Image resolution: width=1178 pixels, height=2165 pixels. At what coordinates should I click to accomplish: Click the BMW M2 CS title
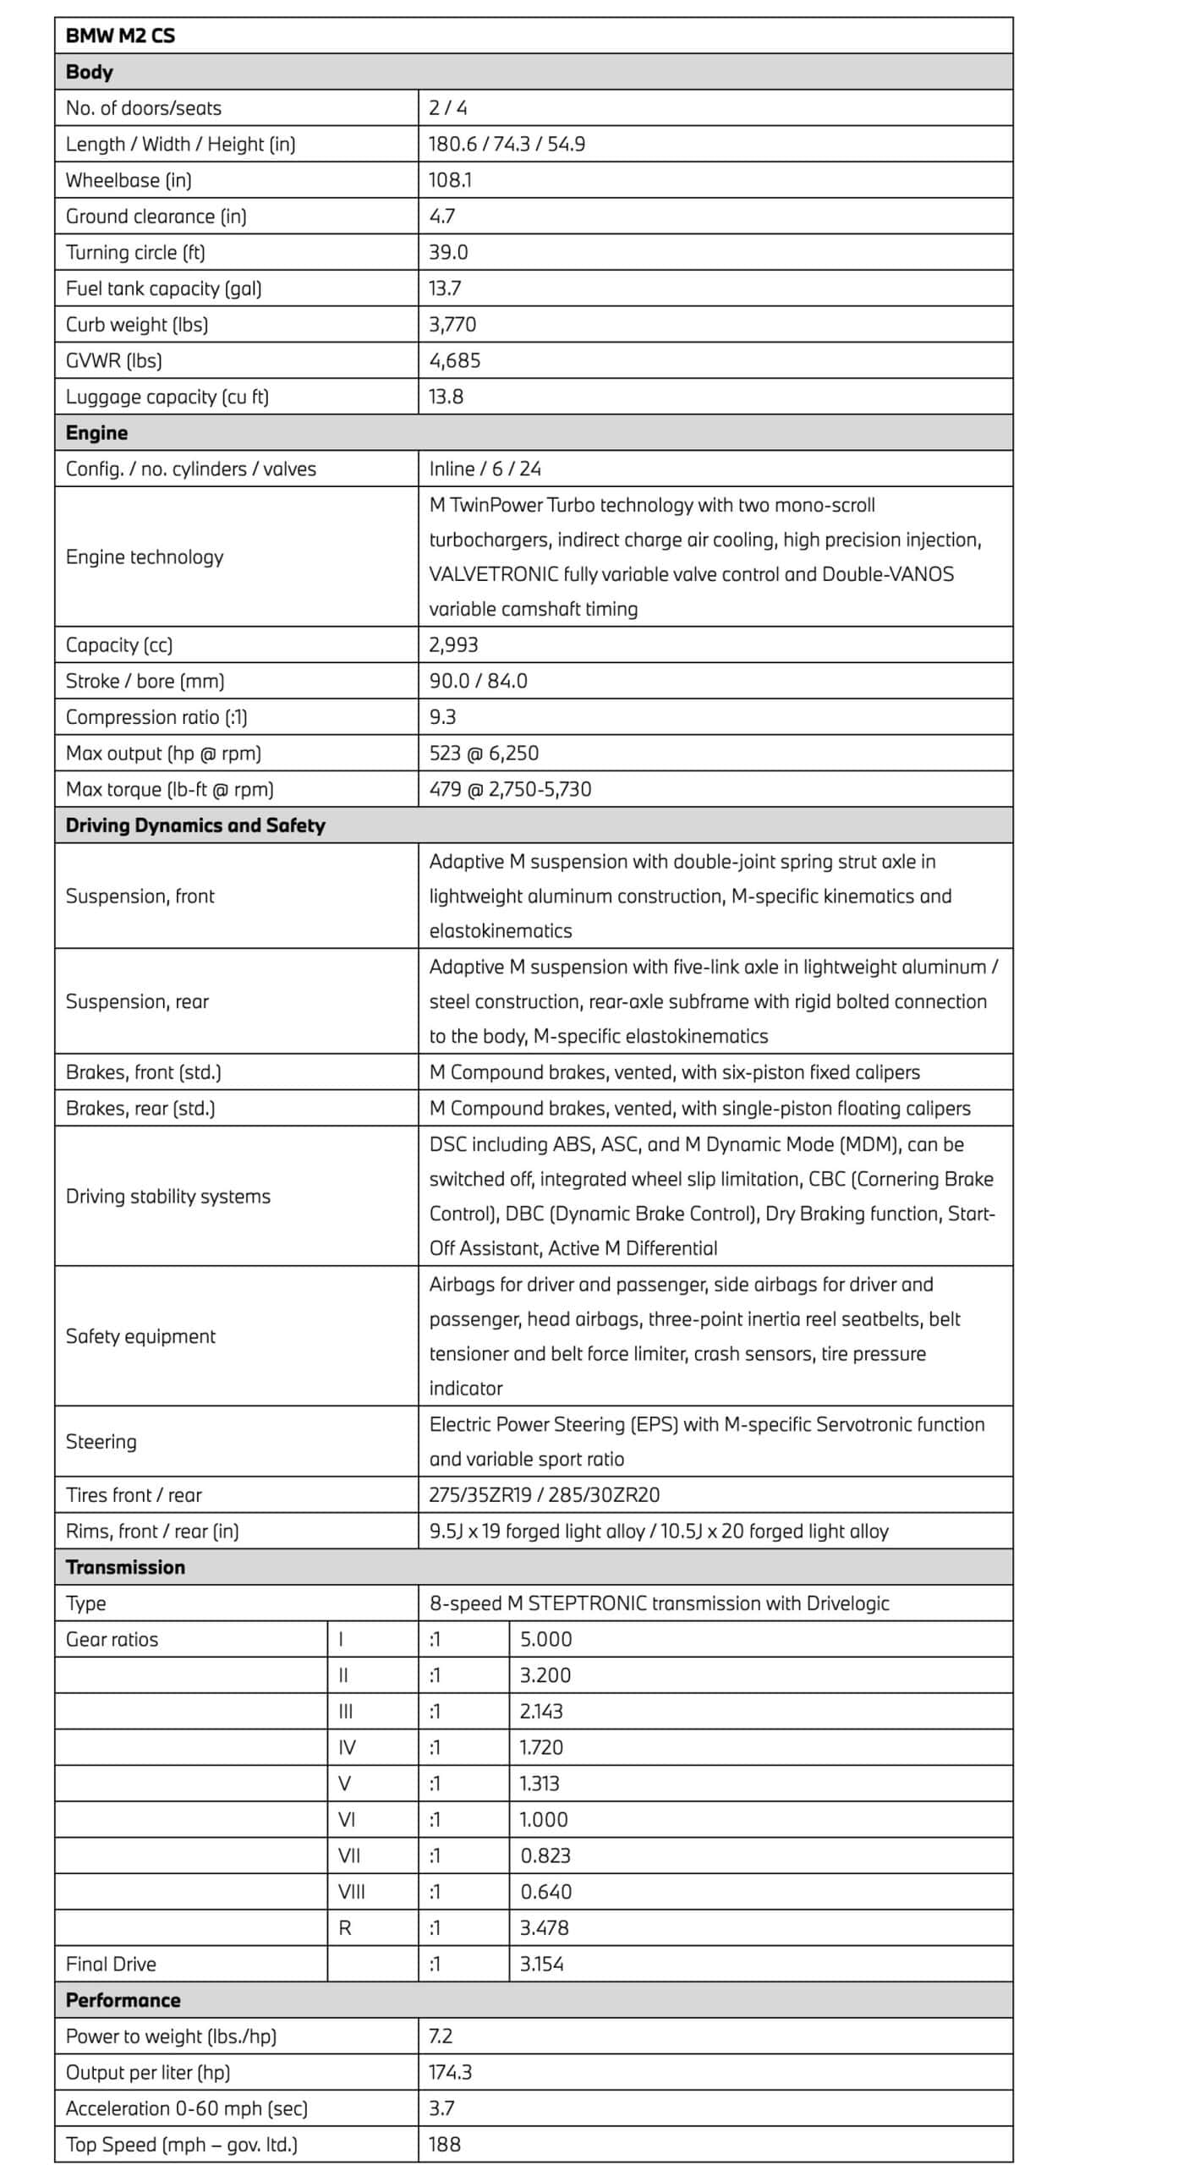pyautogui.click(x=120, y=36)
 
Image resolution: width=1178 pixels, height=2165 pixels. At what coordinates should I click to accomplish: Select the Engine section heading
pyautogui.click(x=96, y=433)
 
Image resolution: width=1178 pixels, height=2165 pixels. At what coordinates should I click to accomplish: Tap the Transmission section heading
pyautogui.click(x=125, y=1567)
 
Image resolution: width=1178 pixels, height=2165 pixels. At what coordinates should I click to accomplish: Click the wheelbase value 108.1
pyautogui.click(x=450, y=180)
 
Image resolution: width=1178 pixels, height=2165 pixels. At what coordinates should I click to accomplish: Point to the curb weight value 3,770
pyautogui.click(x=452, y=325)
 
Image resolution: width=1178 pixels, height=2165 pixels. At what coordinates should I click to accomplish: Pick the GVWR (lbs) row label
pyautogui.click(x=113, y=361)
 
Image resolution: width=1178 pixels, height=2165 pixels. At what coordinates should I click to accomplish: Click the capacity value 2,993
pyautogui.click(x=453, y=645)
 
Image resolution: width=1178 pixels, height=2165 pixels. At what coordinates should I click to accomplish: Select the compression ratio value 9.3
pyautogui.click(x=442, y=717)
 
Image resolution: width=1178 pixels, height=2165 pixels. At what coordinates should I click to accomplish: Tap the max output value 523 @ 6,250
pyautogui.click(x=483, y=754)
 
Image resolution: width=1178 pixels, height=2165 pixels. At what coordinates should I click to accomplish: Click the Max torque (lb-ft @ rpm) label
pyautogui.click(x=169, y=790)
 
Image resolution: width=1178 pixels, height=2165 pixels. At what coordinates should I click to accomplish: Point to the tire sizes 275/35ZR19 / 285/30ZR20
pyautogui.click(x=544, y=1495)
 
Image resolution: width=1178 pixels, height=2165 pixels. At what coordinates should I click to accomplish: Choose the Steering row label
pyautogui.click(x=101, y=1442)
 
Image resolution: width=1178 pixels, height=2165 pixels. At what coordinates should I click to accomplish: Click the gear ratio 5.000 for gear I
pyautogui.click(x=545, y=1640)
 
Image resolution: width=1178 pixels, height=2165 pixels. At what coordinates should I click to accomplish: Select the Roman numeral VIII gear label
pyautogui.click(x=352, y=1892)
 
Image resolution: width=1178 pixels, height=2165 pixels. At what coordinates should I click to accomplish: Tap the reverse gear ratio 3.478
pyautogui.click(x=544, y=1928)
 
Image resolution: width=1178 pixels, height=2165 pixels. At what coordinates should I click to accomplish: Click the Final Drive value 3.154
pyautogui.click(x=541, y=1965)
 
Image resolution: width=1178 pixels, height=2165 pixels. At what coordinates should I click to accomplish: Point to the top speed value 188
pyautogui.click(x=445, y=2145)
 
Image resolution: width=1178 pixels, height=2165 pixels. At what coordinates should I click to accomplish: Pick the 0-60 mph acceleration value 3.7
pyautogui.click(x=441, y=2108)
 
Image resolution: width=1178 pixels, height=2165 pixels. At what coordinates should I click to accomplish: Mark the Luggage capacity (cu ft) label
pyautogui.click(x=167, y=397)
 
